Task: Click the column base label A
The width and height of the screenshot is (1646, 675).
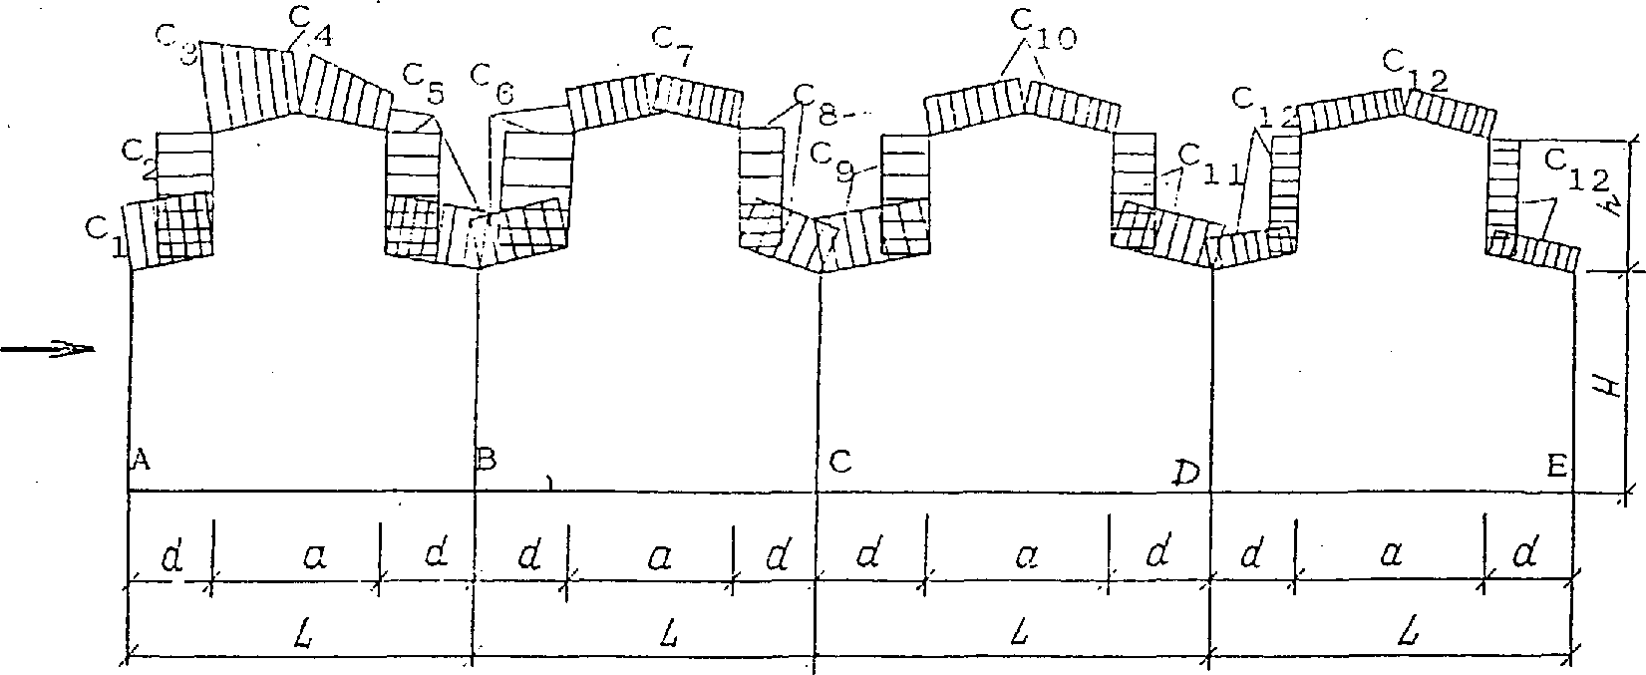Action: click(141, 460)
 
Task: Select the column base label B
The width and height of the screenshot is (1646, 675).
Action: click(487, 460)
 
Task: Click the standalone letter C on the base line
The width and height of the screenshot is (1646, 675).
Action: click(839, 462)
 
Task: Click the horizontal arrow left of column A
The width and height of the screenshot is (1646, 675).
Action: click(47, 349)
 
